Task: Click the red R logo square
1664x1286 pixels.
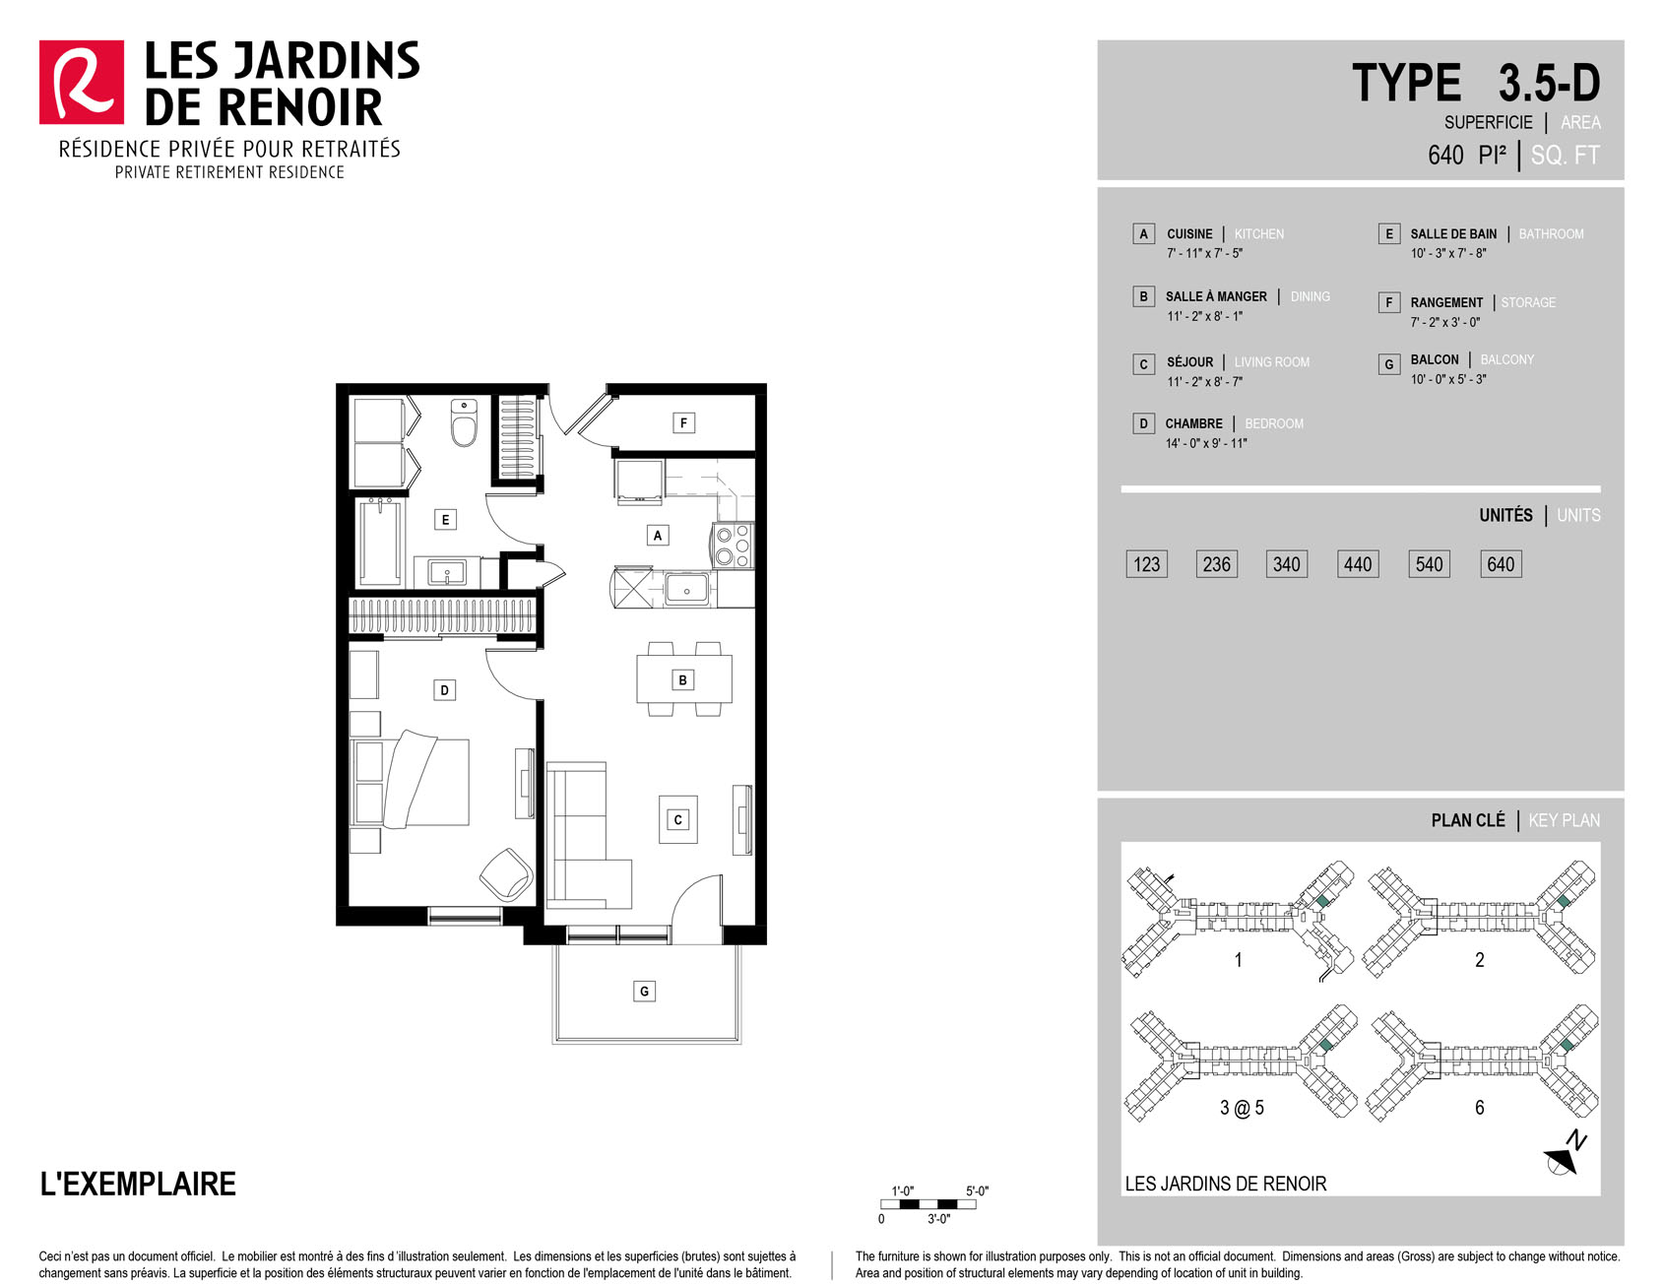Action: pyautogui.click(x=82, y=83)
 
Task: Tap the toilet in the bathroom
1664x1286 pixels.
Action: pyautogui.click(x=464, y=422)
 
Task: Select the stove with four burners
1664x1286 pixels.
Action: pyautogui.click(x=733, y=546)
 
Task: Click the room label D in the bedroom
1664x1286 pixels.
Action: pyautogui.click(x=444, y=690)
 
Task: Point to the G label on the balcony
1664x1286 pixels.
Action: pyautogui.click(x=644, y=991)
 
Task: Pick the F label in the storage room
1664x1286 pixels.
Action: pyautogui.click(x=683, y=422)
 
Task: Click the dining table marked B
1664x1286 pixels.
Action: pyautogui.click(x=683, y=678)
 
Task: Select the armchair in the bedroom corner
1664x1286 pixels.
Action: pyautogui.click(x=506, y=873)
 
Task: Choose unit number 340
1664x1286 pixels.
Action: pyautogui.click(x=1286, y=564)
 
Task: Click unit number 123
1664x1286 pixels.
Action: pyautogui.click(x=1146, y=564)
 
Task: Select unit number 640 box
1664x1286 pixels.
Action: pyautogui.click(x=1501, y=564)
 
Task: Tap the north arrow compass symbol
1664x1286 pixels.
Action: pyautogui.click(x=1566, y=1154)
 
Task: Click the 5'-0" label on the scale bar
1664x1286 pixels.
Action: pyautogui.click(x=977, y=1190)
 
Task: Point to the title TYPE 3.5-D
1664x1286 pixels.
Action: pyautogui.click(x=1476, y=83)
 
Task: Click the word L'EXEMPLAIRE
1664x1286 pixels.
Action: pyautogui.click(x=138, y=1184)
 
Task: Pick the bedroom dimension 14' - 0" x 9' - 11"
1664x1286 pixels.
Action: pyautogui.click(x=1206, y=443)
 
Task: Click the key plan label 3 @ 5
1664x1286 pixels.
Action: pyautogui.click(x=1242, y=1108)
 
